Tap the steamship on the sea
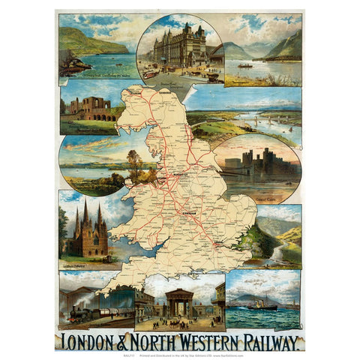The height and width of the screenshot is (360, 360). click(x=262, y=304)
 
